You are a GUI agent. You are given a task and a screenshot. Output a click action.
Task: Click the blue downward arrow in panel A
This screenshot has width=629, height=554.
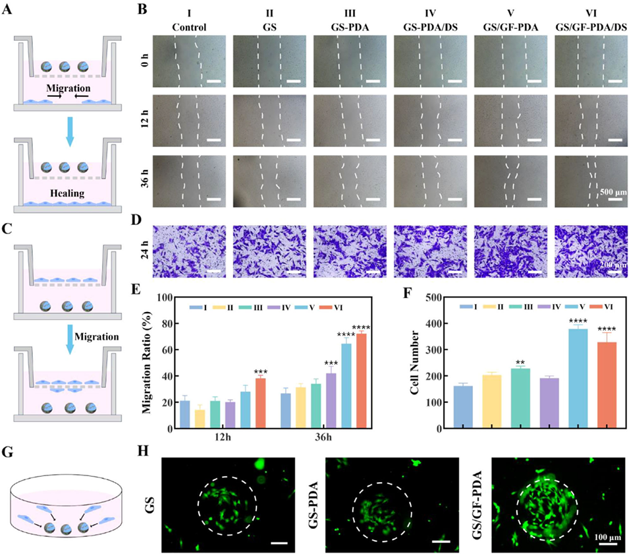click(x=67, y=135)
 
